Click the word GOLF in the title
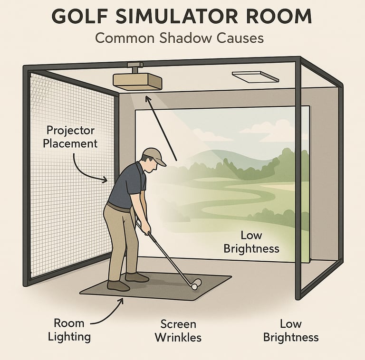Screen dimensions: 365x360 80,16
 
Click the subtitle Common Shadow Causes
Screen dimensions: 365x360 179,38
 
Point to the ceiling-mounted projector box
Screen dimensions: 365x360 137,82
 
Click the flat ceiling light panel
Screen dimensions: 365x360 255,77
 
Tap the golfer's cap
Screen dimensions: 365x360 154,156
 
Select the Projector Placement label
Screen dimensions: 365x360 70,137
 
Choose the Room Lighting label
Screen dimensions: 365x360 69,330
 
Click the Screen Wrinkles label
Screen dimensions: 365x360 178,331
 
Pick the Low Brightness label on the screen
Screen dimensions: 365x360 251,242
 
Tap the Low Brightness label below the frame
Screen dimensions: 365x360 291,331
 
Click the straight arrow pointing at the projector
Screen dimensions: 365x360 161,128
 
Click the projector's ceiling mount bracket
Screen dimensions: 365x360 135,67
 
